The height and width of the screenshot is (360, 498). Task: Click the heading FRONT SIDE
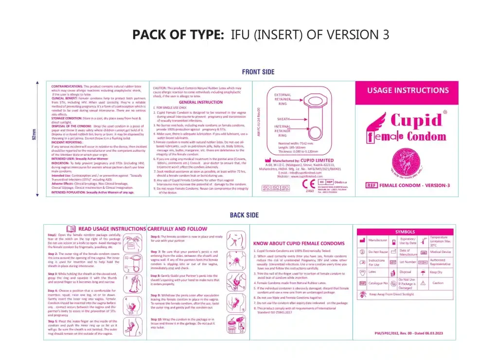coord(258,72)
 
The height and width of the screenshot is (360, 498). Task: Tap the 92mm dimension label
coord(34,135)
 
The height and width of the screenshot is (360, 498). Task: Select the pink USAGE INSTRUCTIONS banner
coord(408,90)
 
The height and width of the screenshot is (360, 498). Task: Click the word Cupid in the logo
coord(416,120)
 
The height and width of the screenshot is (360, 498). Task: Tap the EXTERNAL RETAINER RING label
coord(283,99)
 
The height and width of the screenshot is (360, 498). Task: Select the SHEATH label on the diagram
coord(283,119)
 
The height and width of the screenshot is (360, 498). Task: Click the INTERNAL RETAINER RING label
coord(283,131)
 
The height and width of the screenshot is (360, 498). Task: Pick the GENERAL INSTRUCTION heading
coord(200,102)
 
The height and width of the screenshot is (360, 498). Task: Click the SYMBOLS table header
coord(405,232)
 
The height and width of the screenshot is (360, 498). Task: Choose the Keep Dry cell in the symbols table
coord(436,272)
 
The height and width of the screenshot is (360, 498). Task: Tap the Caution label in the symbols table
coord(438,283)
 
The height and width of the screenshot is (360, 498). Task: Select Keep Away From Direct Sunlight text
coord(391,294)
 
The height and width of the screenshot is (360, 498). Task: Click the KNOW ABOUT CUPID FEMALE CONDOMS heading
coord(299,243)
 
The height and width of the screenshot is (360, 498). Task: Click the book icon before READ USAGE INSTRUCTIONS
coord(71,228)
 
